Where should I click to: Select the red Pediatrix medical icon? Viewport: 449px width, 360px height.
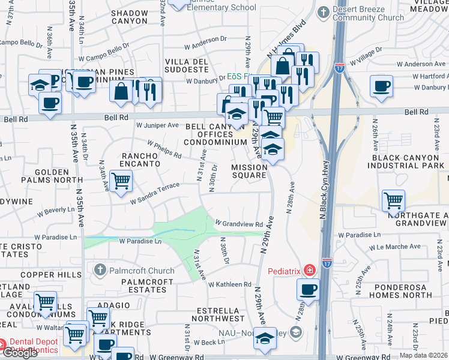(x=309, y=271)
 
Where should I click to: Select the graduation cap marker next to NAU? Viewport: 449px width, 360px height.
(x=264, y=339)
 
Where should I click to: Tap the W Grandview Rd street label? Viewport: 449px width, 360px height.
(x=239, y=224)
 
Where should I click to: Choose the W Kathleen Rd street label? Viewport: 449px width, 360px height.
(x=230, y=284)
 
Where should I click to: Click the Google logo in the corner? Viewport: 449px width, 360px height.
(x=20, y=353)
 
